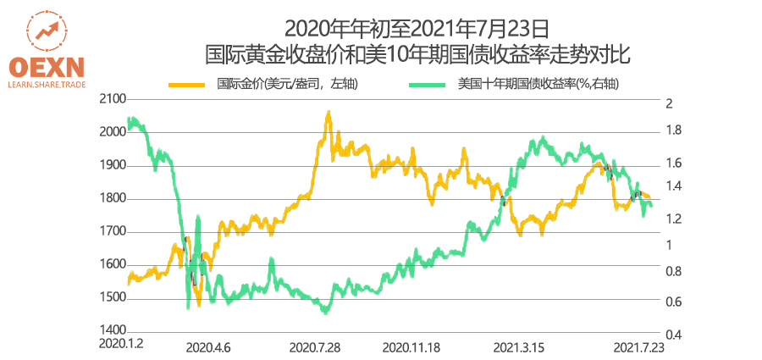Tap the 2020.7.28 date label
click(x=314, y=346)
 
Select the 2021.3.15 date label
click(x=518, y=346)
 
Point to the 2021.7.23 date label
click(x=638, y=346)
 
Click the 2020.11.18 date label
click(x=412, y=346)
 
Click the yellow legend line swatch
click(x=187, y=84)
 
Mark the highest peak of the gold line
click(x=328, y=113)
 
